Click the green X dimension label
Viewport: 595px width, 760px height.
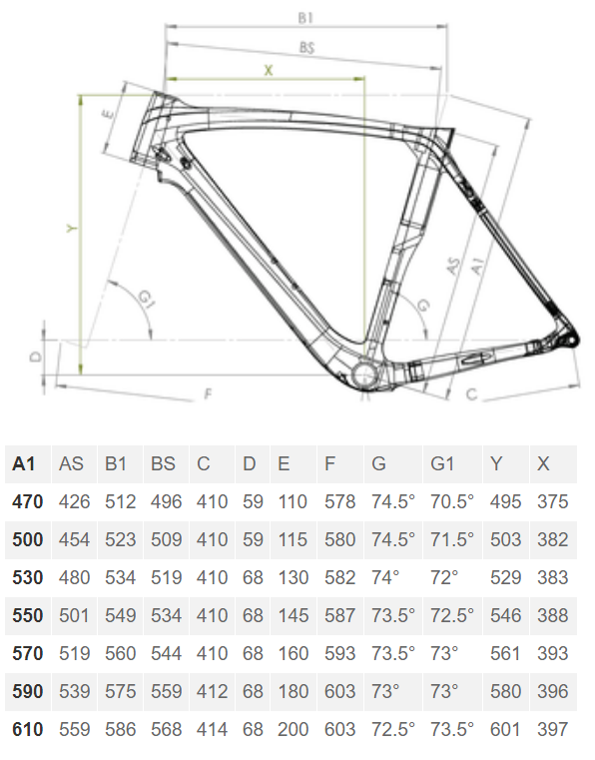tap(268, 70)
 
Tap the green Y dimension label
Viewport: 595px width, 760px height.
tap(72, 228)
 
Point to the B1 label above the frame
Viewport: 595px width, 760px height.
tap(305, 18)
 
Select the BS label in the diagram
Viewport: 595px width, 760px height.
tap(306, 48)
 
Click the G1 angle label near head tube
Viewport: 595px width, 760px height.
tap(147, 298)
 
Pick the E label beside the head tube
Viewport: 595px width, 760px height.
tap(109, 115)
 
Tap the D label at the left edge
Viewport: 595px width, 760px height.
tap(36, 358)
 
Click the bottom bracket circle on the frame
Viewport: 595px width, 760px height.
tap(364, 375)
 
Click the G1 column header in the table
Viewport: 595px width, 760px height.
tap(442, 463)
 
